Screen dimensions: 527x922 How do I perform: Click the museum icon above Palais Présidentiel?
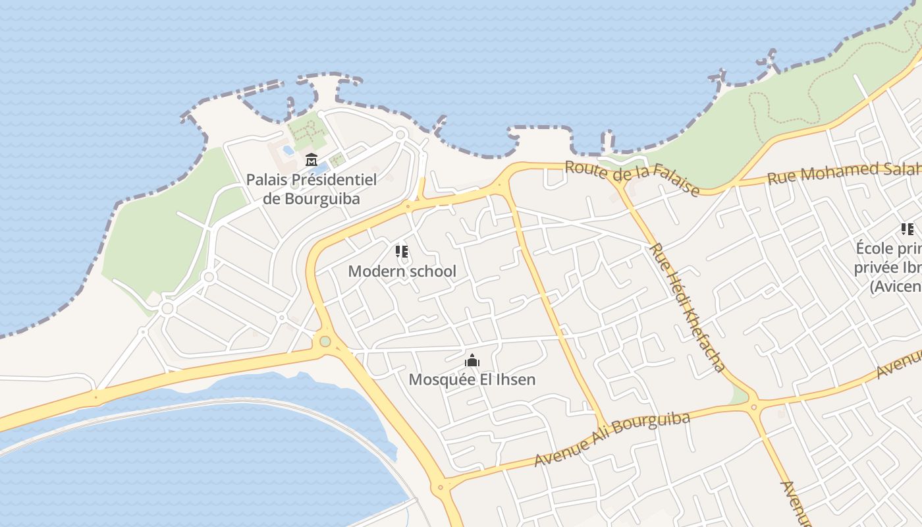[x=311, y=159]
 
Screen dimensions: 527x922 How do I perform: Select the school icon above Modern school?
[x=402, y=251]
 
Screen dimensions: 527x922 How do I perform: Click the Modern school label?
[x=402, y=271]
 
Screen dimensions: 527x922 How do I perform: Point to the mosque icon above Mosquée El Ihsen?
[x=472, y=360]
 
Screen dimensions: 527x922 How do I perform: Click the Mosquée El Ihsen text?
[x=472, y=379]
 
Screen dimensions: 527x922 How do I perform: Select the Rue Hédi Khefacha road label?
[x=687, y=307]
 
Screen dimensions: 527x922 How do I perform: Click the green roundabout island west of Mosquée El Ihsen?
[x=325, y=341]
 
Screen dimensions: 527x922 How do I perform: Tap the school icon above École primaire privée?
[x=907, y=229]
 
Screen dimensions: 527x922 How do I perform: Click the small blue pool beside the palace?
[x=288, y=150]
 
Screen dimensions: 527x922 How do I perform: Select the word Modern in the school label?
[x=371, y=271]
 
